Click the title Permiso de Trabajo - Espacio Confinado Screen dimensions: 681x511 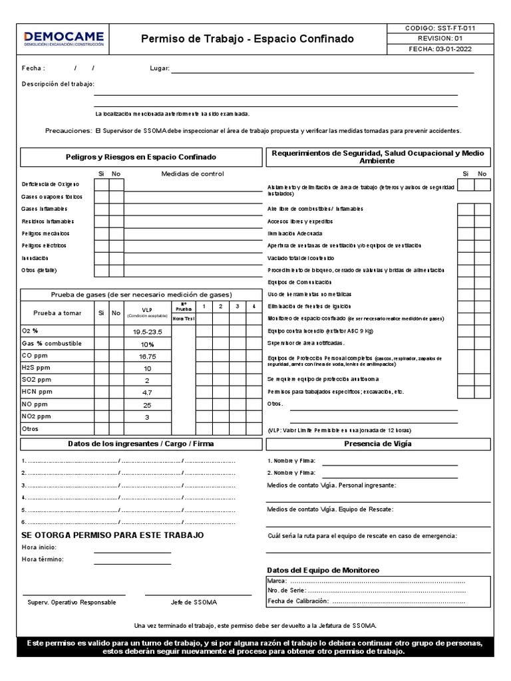[248, 39]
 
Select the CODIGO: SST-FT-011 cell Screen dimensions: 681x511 [440, 29]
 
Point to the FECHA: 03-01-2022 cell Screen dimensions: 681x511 [440, 49]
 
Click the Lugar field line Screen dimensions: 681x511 [323, 69]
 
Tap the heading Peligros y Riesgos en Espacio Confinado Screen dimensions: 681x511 [140, 157]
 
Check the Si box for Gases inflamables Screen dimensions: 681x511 [101, 209]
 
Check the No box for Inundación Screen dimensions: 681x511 [116, 258]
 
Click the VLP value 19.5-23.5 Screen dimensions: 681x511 [148, 331]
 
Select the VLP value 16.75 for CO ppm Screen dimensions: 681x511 [148, 356]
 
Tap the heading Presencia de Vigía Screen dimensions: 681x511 [378, 444]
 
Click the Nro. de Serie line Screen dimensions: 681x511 [386, 591]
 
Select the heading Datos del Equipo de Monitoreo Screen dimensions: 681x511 [323, 570]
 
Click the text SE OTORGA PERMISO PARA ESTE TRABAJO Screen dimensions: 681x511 [112, 535]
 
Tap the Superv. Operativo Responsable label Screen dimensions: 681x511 [72, 602]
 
